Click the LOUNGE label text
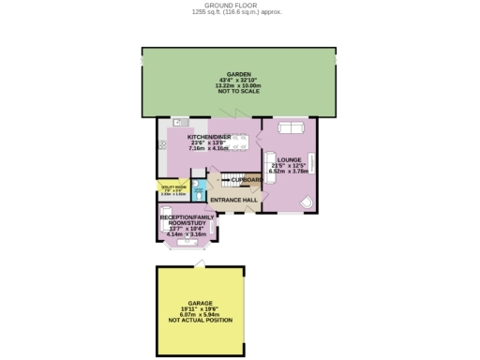point(289,160)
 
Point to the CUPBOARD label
point(247,179)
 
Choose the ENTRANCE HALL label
point(233,200)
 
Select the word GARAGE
point(200,303)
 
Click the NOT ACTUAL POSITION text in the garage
point(200,321)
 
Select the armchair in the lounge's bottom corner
point(305,202)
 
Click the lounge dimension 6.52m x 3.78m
point(289,172)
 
